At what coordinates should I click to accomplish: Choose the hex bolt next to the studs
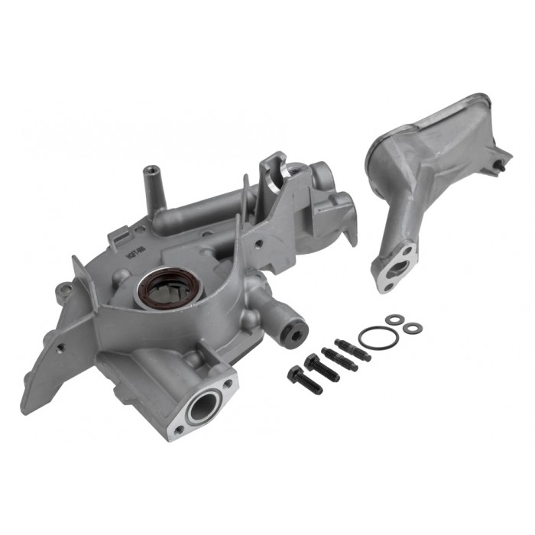point(321,365)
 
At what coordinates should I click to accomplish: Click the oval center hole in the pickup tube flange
point(397,267)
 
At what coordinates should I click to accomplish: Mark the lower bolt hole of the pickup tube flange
point(386,287)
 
